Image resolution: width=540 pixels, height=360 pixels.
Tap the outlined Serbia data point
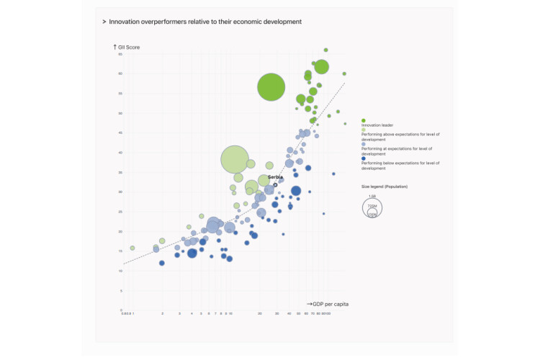(x=275, y=185)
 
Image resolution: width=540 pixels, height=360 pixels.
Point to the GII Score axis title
(x=129, y=48)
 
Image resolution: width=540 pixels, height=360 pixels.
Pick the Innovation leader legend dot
(x=364, y=120)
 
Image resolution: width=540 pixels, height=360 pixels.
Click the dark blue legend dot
(x=364, y=158)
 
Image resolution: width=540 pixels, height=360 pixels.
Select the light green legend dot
(x=364, y=130)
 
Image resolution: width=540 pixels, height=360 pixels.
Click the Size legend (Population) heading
(x=384, y=186)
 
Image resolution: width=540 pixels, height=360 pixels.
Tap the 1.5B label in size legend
(x=372, y=197)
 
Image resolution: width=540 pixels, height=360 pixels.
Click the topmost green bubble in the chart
(x=326, y=50)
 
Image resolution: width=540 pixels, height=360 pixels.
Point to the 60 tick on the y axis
(x=121, y=73)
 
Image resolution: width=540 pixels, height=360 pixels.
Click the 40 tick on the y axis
(x=121, y=153)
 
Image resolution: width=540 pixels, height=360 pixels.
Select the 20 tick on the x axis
(x=260, y=313)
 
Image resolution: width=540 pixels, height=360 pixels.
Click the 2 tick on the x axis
(x=162, y=313)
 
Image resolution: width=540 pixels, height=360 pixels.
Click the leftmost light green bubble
(x=132, y=248)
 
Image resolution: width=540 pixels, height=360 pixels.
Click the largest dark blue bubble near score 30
(x=296, y=191)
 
